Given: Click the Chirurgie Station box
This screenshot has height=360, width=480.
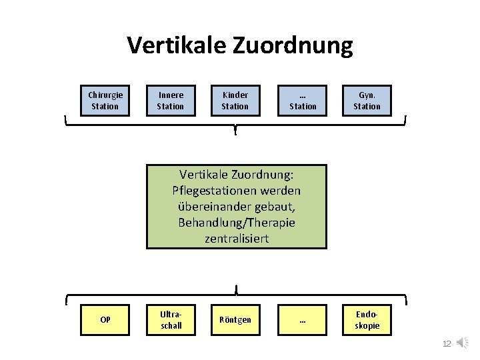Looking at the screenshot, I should tap(105, 101).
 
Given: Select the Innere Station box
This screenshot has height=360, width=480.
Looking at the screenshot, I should tap(170, 101).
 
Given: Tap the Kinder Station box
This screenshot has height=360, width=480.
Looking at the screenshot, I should tap(235, 101).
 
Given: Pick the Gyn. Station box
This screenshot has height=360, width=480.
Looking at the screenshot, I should tap(367, 101).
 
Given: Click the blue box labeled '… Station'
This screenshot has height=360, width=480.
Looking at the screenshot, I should tap(303, 101).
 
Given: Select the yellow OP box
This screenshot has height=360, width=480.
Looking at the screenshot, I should tap(105, 319).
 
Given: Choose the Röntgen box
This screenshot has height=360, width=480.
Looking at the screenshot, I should tap(236, 319).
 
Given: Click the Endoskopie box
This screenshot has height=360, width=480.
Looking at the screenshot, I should tap(367, 319).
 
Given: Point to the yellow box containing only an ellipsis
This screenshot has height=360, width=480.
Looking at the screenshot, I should tap(303, 319).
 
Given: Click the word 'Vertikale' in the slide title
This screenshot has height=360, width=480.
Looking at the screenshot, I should tap(177, 45).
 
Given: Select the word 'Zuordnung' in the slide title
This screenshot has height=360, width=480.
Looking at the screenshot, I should tap(293, 45).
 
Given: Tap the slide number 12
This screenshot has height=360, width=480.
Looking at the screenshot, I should tap(447, 343).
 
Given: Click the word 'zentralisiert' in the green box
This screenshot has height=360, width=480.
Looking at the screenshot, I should tap(237, 238).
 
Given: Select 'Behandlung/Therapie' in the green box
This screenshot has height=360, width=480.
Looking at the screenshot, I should tap(237, 222).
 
